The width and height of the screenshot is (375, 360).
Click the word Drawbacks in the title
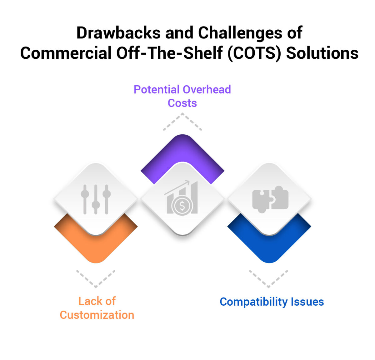pos(118,33)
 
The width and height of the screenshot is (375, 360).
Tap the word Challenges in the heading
pos(240,33)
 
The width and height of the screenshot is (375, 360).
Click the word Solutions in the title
pos(322,53)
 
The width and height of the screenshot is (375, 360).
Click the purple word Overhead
pos(207,90)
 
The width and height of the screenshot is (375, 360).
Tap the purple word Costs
pos(182,103)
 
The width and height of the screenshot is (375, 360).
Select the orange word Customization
pos(97,315)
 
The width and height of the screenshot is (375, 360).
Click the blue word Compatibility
pos(253,302)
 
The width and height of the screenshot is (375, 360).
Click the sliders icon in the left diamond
pos(96,199)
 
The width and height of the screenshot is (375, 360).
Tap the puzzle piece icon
pos(270,199)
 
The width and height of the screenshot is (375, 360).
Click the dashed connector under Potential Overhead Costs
pos(182,121)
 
